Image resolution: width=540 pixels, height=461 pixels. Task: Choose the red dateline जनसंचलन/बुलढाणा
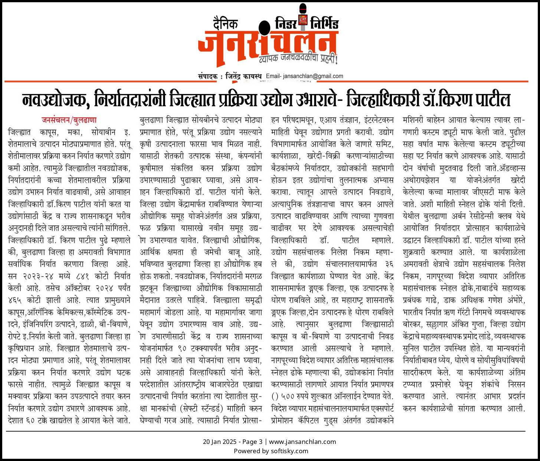69,120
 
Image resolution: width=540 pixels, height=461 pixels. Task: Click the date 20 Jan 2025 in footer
219,442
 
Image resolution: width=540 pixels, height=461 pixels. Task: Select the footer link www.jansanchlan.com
302,442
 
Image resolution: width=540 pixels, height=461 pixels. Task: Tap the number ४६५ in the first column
16,300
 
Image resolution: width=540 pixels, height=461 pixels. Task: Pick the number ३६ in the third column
389,264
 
